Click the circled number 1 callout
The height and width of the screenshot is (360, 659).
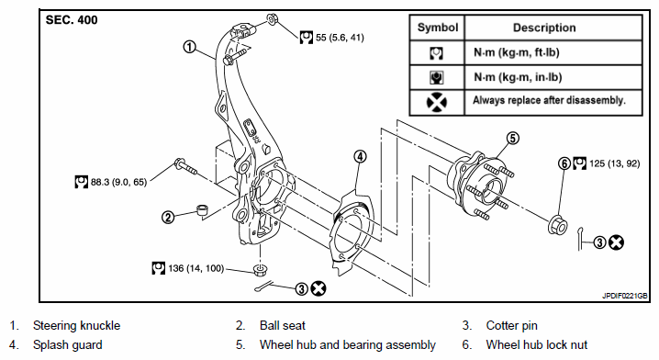[190, 47]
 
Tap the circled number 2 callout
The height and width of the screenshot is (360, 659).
[168, 217]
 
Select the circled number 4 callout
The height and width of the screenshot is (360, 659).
[360, 157]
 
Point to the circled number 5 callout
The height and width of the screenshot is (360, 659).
[513, 138]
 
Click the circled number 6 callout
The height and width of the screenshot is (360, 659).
[564, 163]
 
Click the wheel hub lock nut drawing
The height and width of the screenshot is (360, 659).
[558, 224]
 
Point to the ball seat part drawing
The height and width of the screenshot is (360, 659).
[203, 209]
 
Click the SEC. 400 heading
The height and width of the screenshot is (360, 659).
[72, 20]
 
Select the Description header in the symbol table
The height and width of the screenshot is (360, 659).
[544, 28]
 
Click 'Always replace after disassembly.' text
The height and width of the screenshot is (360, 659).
[549, 100]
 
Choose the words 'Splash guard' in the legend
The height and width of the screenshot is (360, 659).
[68, 345]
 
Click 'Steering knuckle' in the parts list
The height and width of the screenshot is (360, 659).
[76, 325]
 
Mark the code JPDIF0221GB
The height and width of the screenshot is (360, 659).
[624, 296]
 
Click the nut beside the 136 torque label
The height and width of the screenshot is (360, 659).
[261, 270]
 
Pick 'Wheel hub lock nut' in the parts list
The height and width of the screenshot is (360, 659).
[537, 345]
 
